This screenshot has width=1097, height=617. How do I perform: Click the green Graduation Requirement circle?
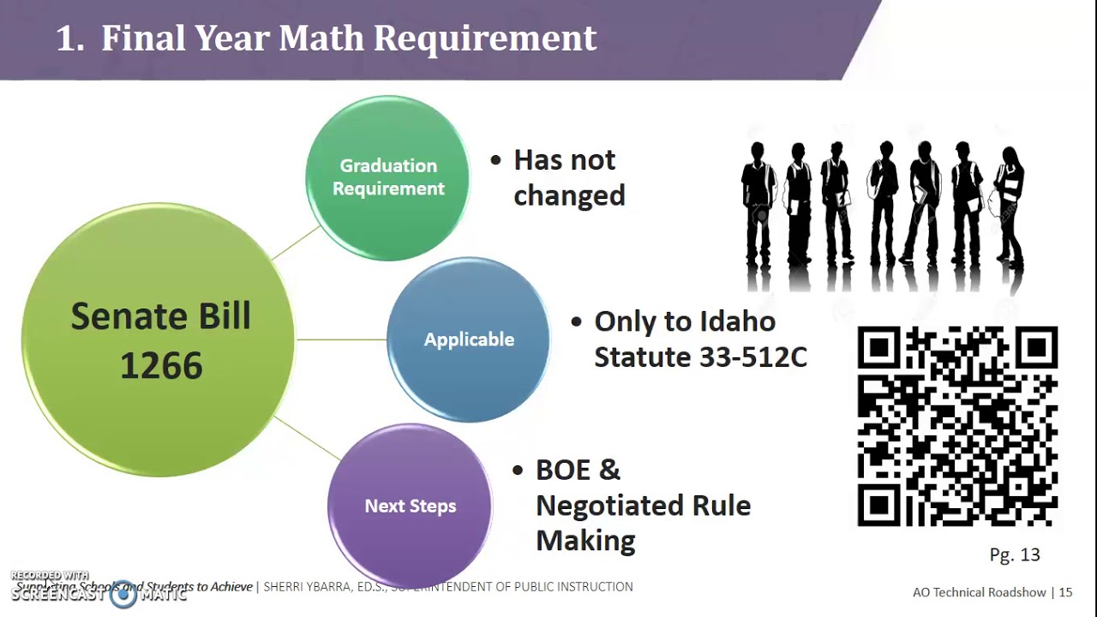click(x=387, y=177)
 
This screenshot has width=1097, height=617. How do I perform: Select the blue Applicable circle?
click(x=469, y=339)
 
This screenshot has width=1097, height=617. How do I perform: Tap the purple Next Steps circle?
click(x=410, y=506)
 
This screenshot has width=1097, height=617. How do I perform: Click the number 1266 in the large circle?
click(x=161, y=367)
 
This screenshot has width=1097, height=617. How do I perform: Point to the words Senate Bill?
click(x=160, y=316)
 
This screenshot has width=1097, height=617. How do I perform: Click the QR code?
click(x=957, y=426)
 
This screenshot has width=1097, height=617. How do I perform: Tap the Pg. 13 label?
click(x=1014, y=555)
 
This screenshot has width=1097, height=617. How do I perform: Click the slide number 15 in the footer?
click(x=1065, y=592)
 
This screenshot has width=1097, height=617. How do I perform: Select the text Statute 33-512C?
click(x=700, y=357)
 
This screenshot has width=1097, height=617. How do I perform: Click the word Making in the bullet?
click(x=585, y=541)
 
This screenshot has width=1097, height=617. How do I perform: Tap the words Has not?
click(x=564, y=160)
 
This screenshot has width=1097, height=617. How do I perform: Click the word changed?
click(x=569, y=195)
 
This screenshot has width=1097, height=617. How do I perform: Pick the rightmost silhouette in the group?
click(x=1009, y=206)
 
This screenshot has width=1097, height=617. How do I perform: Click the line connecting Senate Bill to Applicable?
click(x=341, y=339)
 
